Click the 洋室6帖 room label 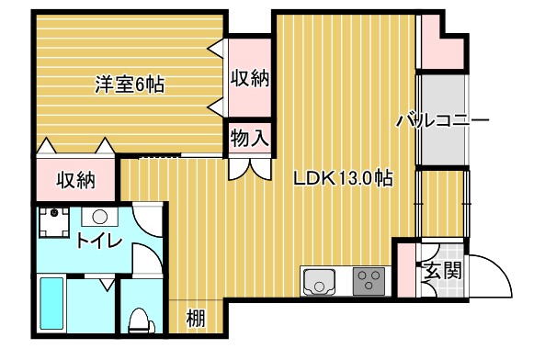pos(130,84)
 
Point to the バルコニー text pos(442,120)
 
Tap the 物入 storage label pos(249,139)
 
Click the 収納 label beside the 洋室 pos(249,79)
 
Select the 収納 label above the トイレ pos(75,180)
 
